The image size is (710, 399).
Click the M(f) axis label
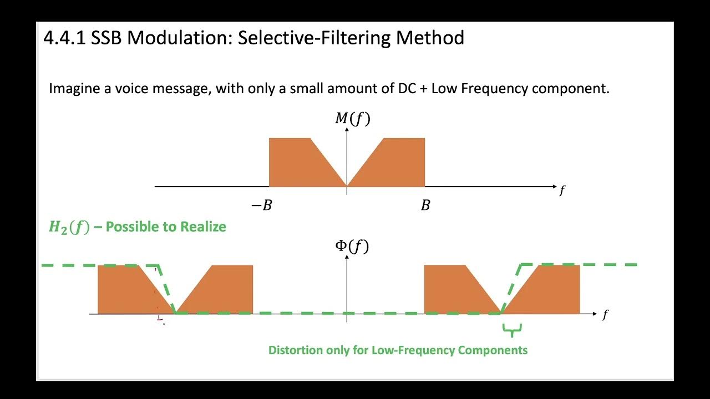tap(352, 118)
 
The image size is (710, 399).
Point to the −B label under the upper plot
tap(262, 206)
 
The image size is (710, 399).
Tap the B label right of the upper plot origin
tap(425, 206)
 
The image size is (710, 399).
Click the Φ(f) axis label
tap(352, 245)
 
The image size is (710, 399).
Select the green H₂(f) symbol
tap(69, 227)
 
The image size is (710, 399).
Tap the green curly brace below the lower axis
tap(512, 331)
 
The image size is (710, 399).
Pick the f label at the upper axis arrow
tap(562, 191)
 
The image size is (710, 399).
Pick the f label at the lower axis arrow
tap(605, 315)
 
